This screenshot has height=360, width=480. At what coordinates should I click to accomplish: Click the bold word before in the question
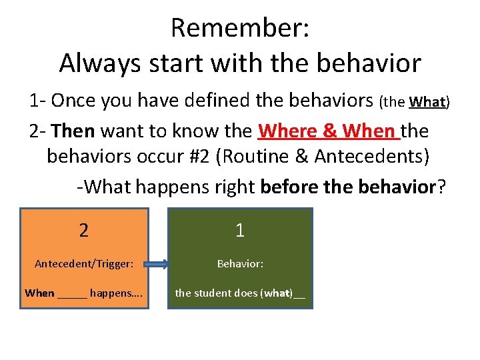(x=290, y=187)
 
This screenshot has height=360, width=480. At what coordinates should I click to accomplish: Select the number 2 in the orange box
(x=83, y=231)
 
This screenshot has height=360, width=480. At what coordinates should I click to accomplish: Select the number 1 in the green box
(x=240, y=231)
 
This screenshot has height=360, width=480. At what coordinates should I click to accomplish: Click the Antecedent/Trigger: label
(x=84, y=264)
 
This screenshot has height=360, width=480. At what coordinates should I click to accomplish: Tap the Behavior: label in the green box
(x=240, y=264)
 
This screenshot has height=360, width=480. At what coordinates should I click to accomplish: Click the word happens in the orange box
(x=112, y=293)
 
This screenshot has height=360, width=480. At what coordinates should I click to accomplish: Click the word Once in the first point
(x=73, y=101)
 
